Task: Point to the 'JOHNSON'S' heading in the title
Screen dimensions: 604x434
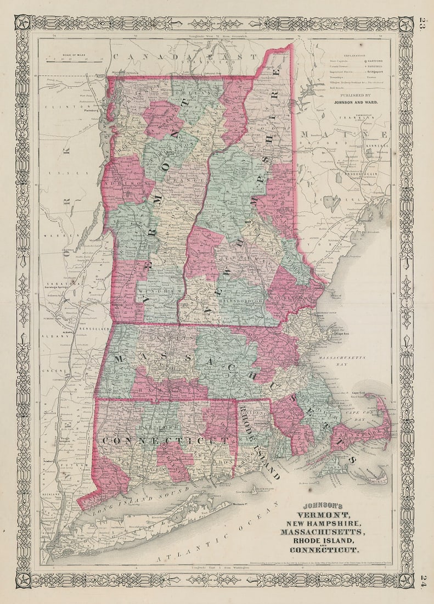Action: coord(323,506)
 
